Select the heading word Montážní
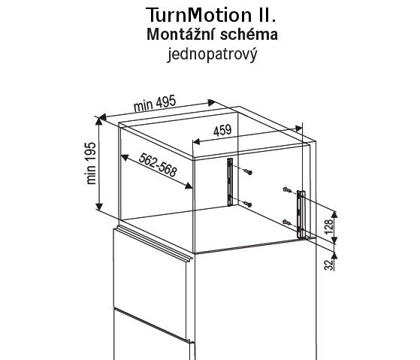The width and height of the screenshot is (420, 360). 180,35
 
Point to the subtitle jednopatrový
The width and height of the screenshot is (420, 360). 212,54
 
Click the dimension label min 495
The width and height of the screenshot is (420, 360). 155,104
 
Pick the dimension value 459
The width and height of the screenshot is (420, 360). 222,131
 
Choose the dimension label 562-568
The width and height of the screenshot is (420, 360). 158,165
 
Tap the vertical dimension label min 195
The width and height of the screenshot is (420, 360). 91,163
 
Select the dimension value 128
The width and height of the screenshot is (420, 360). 329,226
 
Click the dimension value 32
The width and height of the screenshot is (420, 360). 329,265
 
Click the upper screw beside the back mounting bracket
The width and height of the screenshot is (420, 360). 248,171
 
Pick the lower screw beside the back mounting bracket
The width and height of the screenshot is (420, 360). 248,204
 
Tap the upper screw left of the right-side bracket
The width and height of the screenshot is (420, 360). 287,189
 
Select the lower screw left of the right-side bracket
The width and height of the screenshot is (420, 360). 287,222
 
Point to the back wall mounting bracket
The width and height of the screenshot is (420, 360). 230,182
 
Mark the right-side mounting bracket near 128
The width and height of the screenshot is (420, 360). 301,214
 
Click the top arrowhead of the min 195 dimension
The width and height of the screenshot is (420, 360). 99,121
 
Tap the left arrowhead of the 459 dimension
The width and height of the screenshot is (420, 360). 196,141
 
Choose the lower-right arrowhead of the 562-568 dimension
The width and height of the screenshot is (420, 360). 189,186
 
